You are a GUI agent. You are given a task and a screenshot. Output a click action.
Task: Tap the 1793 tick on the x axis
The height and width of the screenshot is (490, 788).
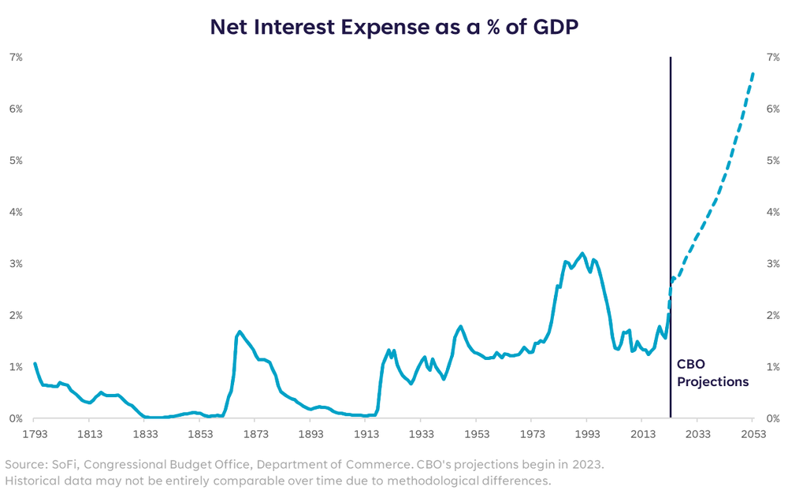click(x=34, y=434)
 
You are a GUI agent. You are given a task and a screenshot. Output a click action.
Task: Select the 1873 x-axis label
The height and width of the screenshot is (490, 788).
click(x=255, y=434)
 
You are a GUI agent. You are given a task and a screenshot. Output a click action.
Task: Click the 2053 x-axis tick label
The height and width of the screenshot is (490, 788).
click(x=753, y=434)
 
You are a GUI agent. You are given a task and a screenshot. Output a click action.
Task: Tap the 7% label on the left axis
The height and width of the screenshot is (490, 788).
click(x=16, y=58)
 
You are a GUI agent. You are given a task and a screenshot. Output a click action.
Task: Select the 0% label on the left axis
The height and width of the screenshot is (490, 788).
click(x=16, y=418)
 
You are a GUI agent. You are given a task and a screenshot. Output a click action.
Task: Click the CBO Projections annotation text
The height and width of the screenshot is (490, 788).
click(x=712, y=373)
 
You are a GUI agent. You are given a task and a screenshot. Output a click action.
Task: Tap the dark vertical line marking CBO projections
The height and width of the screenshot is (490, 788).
click(x=671, y=236)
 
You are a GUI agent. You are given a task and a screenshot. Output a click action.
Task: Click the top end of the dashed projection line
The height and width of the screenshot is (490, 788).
click(x=753, y=73)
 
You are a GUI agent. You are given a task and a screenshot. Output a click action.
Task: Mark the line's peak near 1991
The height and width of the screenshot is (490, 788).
click(x=582, y=254)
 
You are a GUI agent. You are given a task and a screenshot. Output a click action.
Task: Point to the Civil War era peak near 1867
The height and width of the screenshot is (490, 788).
click(x=240, y=332)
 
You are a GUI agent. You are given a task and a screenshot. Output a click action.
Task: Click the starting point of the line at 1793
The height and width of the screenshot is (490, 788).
click(x=35, y=364)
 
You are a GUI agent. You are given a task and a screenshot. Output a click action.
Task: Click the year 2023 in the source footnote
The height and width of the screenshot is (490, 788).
click(x=588, y=464)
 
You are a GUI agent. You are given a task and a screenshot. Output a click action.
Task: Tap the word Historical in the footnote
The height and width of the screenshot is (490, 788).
click(x=33, y=480)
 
